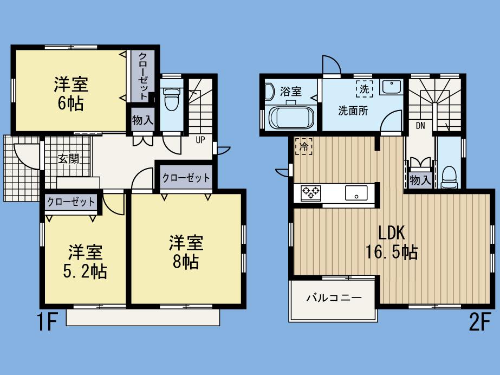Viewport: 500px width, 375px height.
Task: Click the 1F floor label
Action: (47, 323)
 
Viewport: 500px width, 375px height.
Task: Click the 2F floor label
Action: (480, 323)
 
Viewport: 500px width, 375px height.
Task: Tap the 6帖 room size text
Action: (70, 104)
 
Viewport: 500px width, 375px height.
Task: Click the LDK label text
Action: (392, 232)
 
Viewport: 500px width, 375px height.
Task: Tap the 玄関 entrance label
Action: (69, 159)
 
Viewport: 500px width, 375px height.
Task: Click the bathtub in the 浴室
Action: (291, 117)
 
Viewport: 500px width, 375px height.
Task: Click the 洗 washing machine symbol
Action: (364, 88)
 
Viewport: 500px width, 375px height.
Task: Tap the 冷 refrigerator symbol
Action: (303, 146)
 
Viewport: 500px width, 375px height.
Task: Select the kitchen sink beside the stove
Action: (355, 192)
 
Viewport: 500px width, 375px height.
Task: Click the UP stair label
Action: (200, 139)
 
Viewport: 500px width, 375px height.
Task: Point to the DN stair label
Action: (420, 126)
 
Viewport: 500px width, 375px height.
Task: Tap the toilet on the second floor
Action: (449, 176)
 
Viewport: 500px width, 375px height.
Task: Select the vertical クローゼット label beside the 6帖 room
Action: (142, 76)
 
